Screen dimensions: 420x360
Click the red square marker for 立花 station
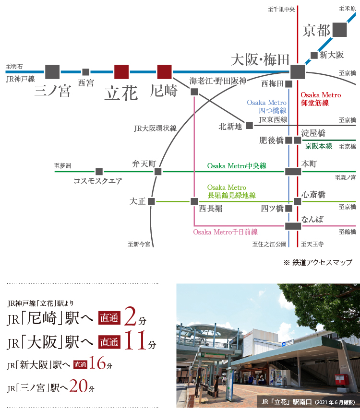[x=121, y=72]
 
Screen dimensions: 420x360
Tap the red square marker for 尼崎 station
[x=164, y=72]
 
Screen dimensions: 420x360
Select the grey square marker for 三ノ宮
[x=52, y=72]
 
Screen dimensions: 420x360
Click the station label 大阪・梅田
[x=260, y=60]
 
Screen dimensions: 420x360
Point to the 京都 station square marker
[x=339, y=30]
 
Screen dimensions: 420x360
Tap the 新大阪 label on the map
[x=332, y=55]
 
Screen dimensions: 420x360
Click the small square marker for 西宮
[x=86, y=72]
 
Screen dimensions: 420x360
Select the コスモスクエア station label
[x=98, y=181]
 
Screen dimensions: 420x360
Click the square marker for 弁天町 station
[x=158, y=172]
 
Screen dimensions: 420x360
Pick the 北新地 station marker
[x=249, y=126]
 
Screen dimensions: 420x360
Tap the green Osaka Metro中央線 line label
[x=237, y=166]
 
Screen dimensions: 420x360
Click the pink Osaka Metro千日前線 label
[x=226, y=232]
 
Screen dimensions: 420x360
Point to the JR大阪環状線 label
[x=155, y=128]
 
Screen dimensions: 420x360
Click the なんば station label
[x=312, y=220]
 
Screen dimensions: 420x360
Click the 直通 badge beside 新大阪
[x=80, y=365]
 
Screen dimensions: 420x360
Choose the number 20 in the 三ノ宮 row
[x=79, y=385]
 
